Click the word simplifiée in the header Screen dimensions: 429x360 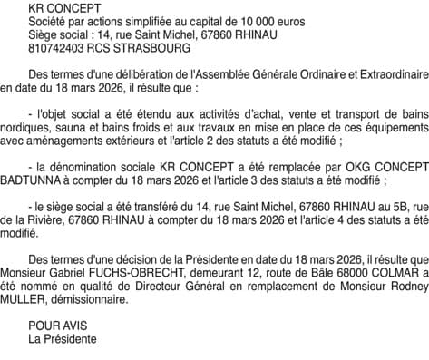coord(145,20)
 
